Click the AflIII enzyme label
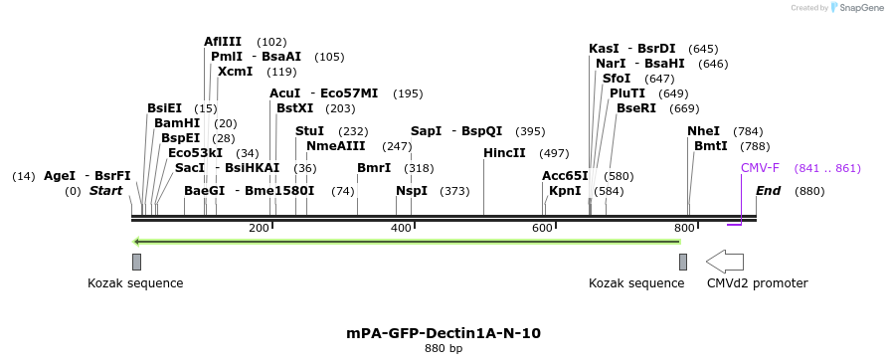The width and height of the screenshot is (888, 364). pyautogui.click(x=222, y=42)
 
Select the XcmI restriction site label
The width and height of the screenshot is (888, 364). pyautogui.click(x=235, y=72)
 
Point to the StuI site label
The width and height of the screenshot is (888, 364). pyautogui.click(x=310, y=131)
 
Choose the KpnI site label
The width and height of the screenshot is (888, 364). pyautogui.click(x=565, y=191)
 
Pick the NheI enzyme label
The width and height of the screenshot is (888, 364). pyautogui.click(x=703, y=131)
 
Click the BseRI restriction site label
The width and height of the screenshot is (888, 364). pyautogui.click(x=636, y=108)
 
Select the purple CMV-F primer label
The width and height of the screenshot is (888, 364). pyautogui.click(x=760, y=168)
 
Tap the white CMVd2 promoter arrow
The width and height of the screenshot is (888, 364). pyautogui.click(x=725, y=262)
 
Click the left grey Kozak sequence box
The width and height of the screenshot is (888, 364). pyautogui.click(x=136, y=262)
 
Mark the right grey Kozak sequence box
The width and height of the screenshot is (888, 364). pyautogui.click(x=683, y=262)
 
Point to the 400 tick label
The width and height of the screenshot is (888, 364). pyautogui.click(x=401, y=229)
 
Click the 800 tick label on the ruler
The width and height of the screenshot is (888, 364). pyautogui.click(x=684, y=229)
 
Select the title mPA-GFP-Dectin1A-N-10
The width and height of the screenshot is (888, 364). pyautogui.click(x=444, y=333)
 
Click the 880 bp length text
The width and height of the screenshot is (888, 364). pyautogui.click(x=444, y=349)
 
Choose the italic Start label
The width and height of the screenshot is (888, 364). pyautogui.click(x=108, y=191)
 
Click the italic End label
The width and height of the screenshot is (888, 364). pyautogui.click(x=768, y=191)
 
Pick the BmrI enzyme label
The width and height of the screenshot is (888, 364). pyautogui.click(x=374, y=168)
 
